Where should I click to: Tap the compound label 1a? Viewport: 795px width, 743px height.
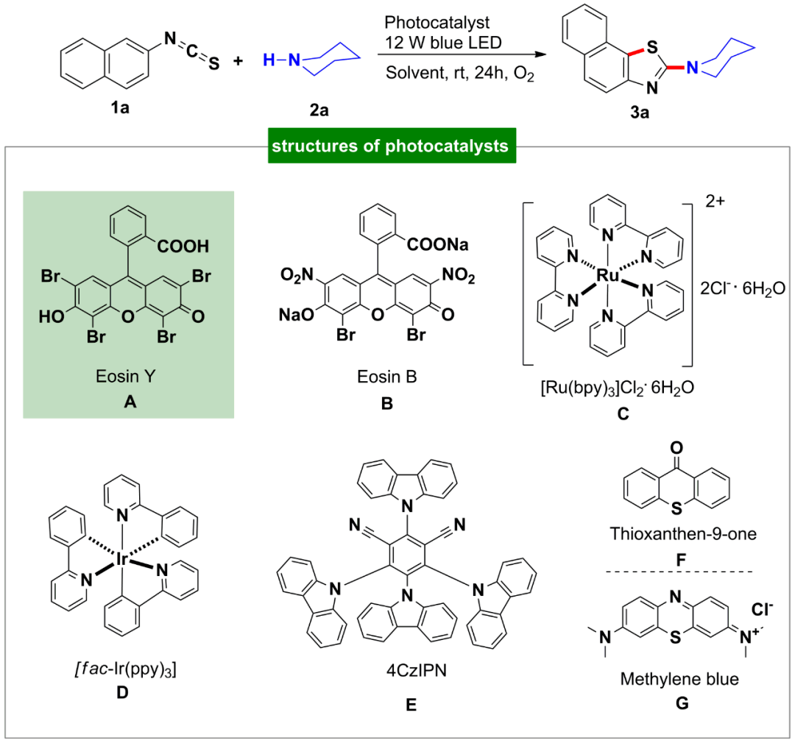click(x=112, y=109)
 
